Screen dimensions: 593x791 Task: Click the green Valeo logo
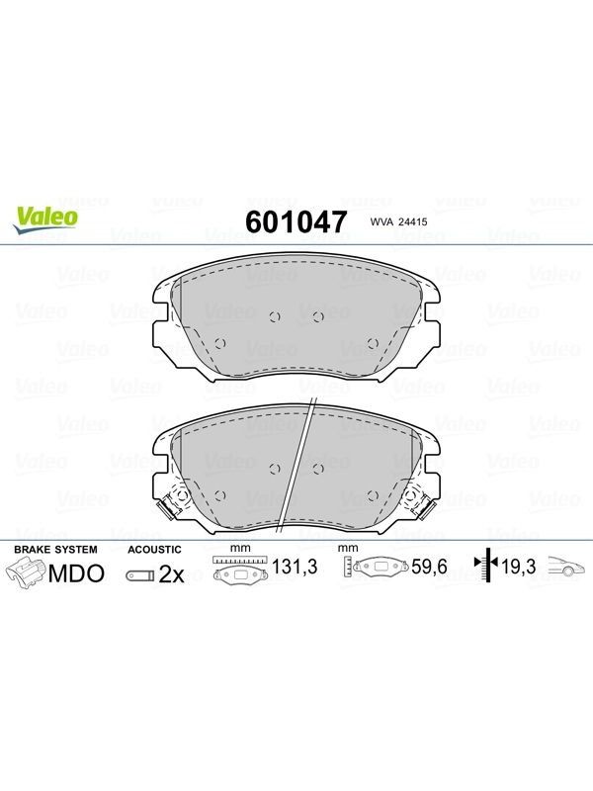[x=45, y=220]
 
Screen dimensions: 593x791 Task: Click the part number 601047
[x=296, y=221]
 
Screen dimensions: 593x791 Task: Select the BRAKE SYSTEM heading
[x=55, y=549]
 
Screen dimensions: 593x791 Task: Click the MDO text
[x=76, y=573]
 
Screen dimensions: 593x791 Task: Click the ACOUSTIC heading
[x=154, y=550]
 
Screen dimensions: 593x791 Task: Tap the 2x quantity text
[x=171, y=574]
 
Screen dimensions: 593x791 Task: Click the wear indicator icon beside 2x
[x=140, y=575]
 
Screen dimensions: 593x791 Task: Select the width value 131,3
[x=295, y=567]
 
